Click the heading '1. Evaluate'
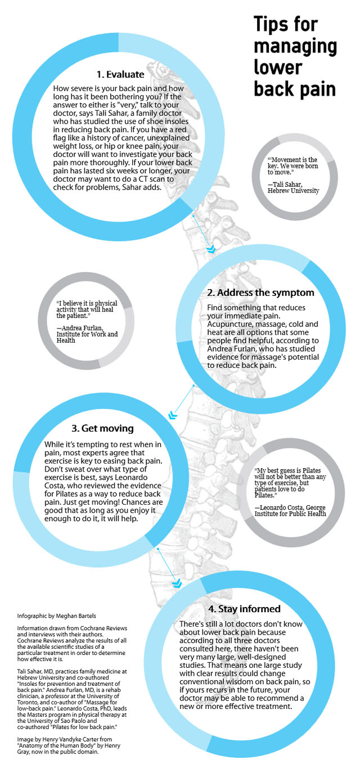120,74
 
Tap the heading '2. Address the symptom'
260,293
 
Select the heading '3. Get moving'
103,428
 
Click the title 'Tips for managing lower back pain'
295,56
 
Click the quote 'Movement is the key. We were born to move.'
292,166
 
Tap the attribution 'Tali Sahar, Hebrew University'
293,187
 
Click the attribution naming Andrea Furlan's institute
87,334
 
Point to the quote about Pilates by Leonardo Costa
290,483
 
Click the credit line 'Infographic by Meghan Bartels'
57,616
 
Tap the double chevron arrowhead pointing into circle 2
210,249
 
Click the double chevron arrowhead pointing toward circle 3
173,415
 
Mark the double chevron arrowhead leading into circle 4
177,582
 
